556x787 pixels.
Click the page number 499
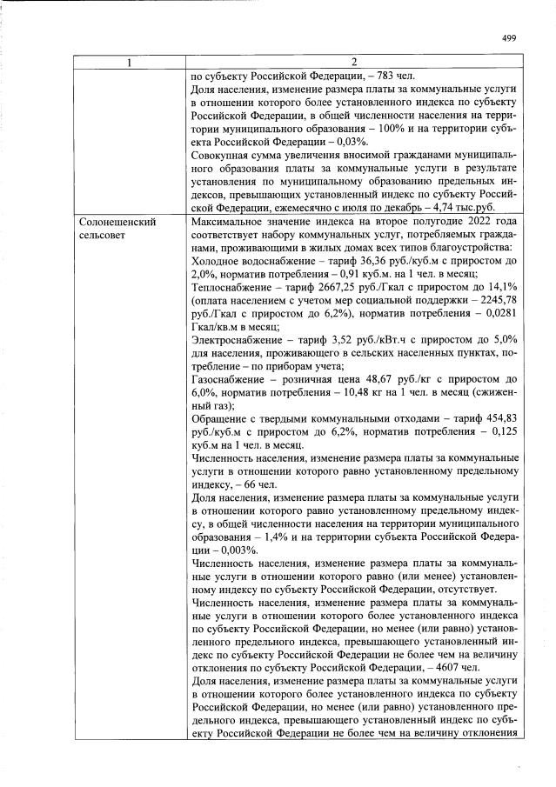(510, 37)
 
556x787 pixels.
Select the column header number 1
(128, 62)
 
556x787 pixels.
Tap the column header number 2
(353, 62)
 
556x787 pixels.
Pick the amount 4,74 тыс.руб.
(470, 209)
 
